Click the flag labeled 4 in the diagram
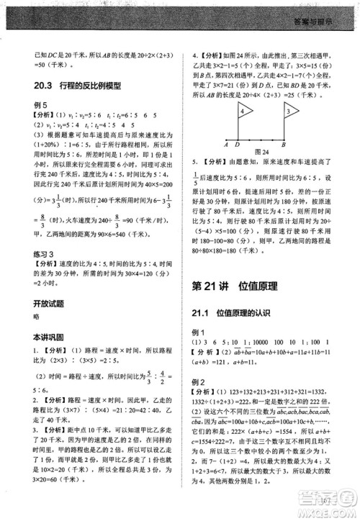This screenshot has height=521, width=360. [244, 111]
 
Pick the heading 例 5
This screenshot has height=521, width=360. [40, 105]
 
